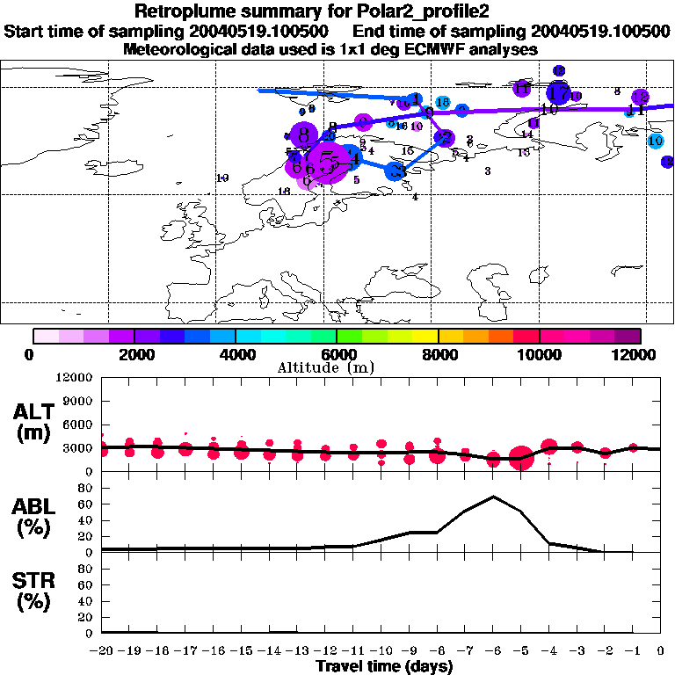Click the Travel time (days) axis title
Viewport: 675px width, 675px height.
point(384,667)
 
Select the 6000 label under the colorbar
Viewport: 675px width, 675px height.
point(337,354)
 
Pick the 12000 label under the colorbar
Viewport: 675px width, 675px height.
point(638,354)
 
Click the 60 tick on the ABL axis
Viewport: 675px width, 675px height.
point(86,504)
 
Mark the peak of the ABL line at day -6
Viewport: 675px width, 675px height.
point(493,497)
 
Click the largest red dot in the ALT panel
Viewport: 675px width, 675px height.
point(520,458)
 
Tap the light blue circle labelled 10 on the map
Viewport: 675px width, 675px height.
point(655,141)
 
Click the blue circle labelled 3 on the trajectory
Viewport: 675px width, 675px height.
point(396,171)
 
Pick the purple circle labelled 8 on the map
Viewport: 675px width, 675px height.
point(304,135)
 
